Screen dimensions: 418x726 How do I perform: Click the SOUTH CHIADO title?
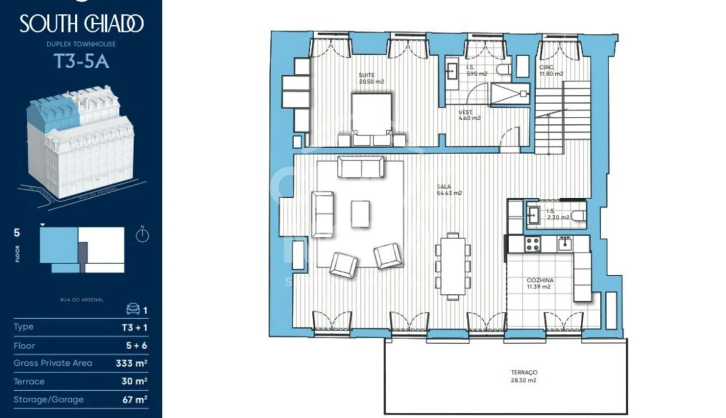point(81,24)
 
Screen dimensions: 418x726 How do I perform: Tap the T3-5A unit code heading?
point(81,61)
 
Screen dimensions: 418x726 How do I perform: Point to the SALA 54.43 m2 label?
point(449,190)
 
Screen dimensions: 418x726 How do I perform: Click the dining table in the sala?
point(452,264)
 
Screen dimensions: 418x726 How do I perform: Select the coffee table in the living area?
point(360,214)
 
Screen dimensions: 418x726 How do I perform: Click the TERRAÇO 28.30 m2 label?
point(525,376)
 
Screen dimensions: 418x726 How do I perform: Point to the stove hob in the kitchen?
point(533,244)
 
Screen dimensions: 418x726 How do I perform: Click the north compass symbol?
point(142,235)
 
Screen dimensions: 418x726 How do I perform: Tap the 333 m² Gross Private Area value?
point(131,363)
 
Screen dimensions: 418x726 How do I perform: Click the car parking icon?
point(133,309)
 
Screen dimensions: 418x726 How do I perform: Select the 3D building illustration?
point(80,142)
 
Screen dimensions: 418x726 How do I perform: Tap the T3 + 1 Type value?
point(134,327)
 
